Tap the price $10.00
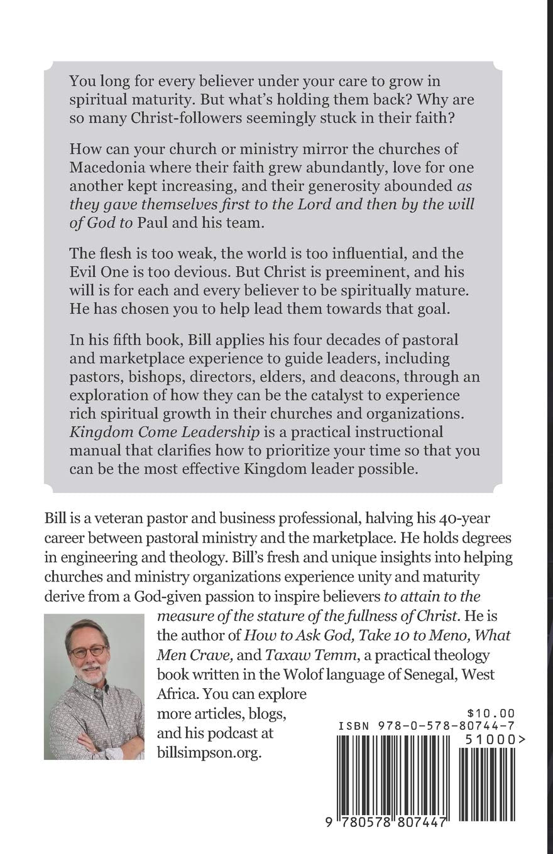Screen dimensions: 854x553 [491, 713]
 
